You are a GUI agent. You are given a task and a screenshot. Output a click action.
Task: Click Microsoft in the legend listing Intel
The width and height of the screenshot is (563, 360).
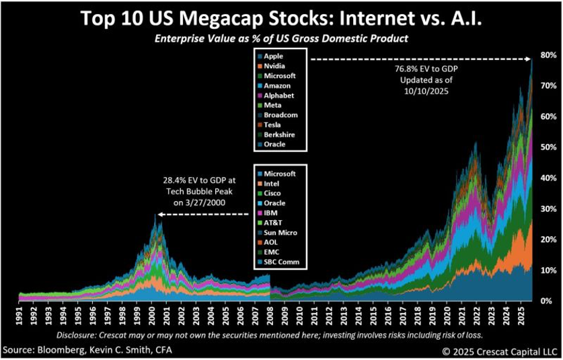pyautogui.click(x=280, y=174)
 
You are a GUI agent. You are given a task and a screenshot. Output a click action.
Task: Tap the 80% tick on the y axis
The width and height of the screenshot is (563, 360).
pyautogui.click(x=548, y=55)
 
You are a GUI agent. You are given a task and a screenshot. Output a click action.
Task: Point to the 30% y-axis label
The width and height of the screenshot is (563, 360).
pyautogui.click(x=548, y=209)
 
